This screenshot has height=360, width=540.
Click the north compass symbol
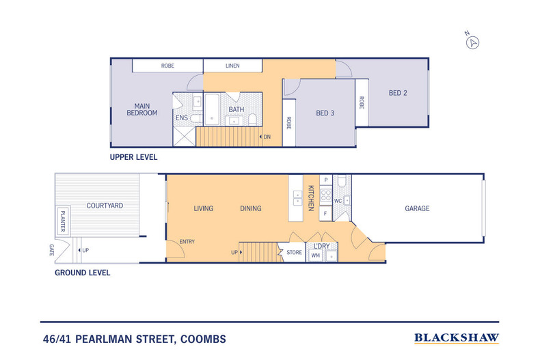click(472, 42)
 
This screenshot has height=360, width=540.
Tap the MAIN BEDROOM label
click(141, 109)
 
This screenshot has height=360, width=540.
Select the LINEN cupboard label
click(232, 66)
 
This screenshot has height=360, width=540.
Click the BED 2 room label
click(398, 93)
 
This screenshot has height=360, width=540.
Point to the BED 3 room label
click(324, 113)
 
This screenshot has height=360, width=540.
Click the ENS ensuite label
click(182, 118)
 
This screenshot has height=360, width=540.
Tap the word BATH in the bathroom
click(237, 109)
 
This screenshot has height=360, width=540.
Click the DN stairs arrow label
click(267, 137)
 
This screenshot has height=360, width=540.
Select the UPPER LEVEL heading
click(134, 156)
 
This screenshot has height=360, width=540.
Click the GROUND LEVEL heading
click(83, 272)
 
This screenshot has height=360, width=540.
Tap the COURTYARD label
click(105, 205)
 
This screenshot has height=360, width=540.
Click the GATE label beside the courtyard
click(52, 251)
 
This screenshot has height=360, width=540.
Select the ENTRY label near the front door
click(187, 241)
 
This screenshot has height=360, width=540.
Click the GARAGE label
click(417, 208)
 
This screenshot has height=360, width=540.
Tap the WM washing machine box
click(315, 255)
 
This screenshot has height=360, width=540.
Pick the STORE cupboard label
click(294, 253)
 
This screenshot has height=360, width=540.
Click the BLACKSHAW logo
click(457, 337)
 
